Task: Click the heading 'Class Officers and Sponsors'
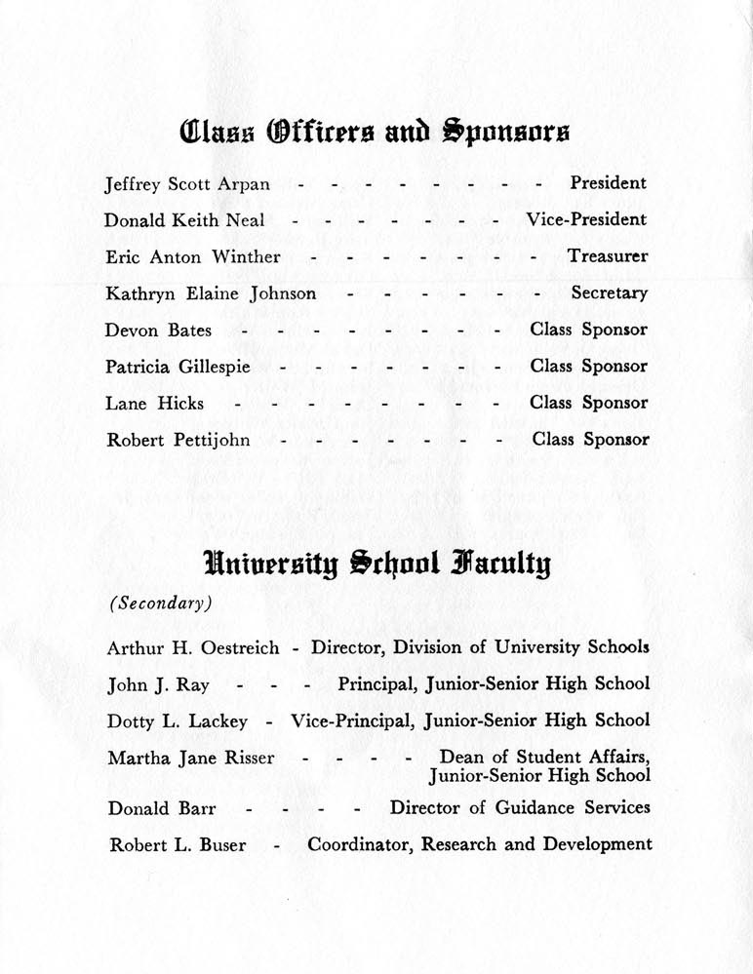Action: (x=376, y=132)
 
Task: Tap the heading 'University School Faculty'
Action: (x=376, y=563)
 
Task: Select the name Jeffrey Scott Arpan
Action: (x=188, y=183)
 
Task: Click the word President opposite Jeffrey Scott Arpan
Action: (x=608, y=182)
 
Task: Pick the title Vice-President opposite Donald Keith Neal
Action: (x=586, y=219)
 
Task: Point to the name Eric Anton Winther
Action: (x=193, y=257)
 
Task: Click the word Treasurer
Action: (x=608, y=256)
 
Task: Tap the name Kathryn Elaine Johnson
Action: (x=211, y=293)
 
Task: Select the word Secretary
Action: (x=609, y=292)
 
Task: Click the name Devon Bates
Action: (x=158, y=331)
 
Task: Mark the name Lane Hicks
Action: (x=154, y=403)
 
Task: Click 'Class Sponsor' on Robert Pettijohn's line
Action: (x=590, y=440)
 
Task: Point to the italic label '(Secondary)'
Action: (x=160, y=603)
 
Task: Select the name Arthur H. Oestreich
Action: (x=193, y=647)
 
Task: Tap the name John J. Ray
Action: (x=158, y=684)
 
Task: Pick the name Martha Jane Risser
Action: (x=191, y=758)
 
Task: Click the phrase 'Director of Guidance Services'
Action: (x=520, y=807)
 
